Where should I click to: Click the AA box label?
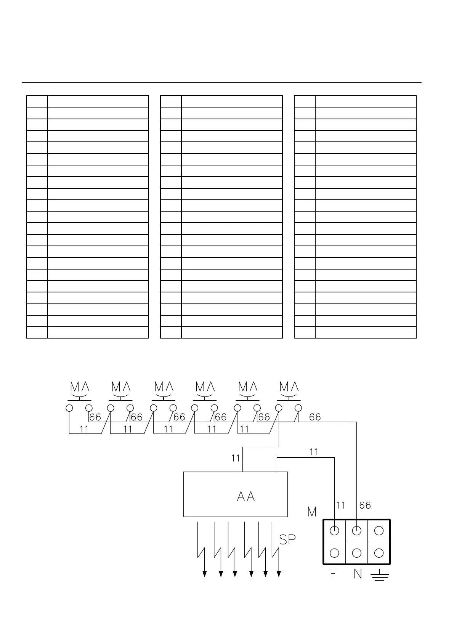(x=245, y=496)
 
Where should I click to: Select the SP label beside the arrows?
(x=287, y=539)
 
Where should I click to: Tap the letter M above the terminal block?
(x=312, y=512)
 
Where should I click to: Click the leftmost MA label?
(x=80, y=387)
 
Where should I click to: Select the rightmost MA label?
(x=289, y=387)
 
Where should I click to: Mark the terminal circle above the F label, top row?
(x=334, y=530)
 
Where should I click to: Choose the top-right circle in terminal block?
(x=379, y=530)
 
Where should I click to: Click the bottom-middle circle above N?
(x=357, y=553)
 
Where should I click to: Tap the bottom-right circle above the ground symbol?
(x=379, y=553)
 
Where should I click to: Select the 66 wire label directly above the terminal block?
(x=365, y=505)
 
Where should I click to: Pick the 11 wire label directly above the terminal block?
(x=340, y=505)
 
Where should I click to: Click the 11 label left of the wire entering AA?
(x=236, y=458)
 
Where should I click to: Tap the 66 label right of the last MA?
(x=315, y=417)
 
